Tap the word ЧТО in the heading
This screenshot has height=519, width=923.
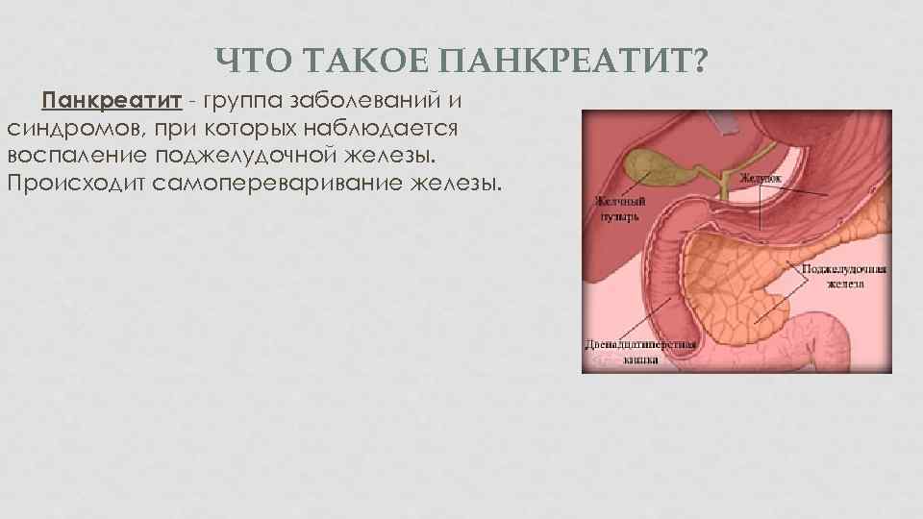[255, 63]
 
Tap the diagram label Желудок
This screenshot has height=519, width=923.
[761, 178]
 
